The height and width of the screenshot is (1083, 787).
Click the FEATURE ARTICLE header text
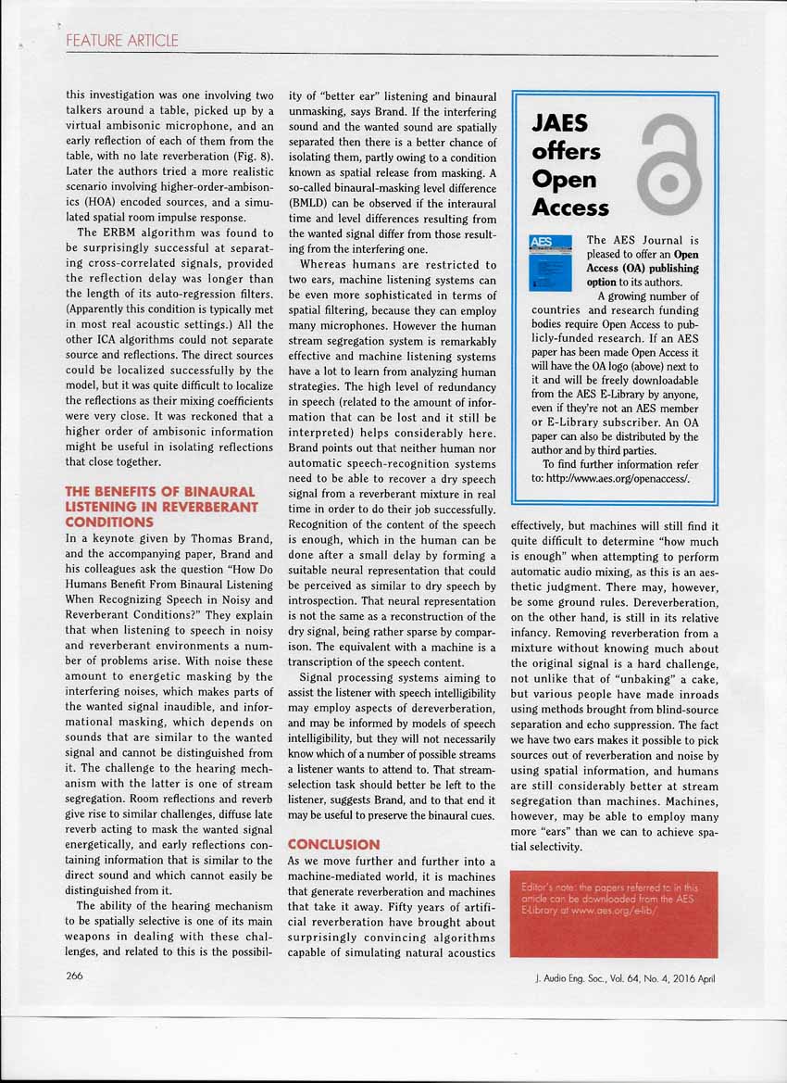(121, 41)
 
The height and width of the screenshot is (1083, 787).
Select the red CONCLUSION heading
(333, 844)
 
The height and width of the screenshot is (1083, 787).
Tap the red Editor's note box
(614, 913)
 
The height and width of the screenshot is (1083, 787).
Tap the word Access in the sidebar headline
(570, 207)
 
